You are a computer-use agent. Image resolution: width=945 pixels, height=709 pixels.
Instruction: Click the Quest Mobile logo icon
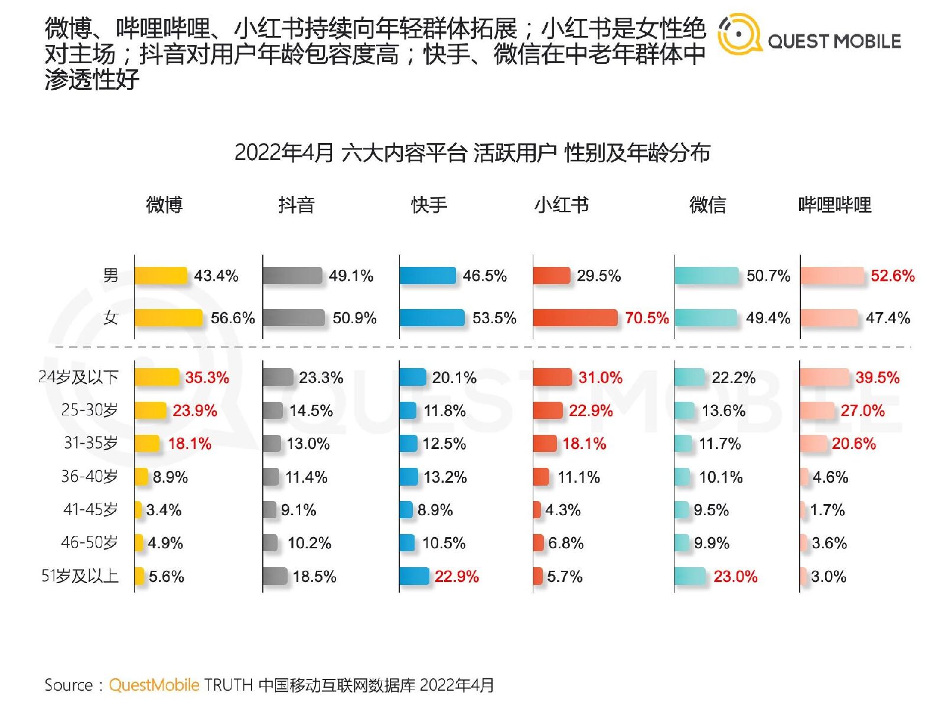739,34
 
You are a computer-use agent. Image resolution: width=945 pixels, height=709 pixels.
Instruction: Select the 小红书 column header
561,205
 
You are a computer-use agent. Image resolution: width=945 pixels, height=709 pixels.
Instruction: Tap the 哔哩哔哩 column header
835,205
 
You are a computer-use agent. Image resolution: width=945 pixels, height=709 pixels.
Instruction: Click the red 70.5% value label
647,318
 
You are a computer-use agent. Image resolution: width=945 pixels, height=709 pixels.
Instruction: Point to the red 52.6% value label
892,276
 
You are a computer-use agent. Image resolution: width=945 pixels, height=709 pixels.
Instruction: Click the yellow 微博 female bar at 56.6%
168,318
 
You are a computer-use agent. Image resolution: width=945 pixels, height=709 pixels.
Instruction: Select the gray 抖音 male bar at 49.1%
292,276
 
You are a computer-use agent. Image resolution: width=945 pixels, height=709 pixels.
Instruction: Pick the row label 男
110,275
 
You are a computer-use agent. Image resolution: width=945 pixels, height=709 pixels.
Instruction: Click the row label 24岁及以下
79,377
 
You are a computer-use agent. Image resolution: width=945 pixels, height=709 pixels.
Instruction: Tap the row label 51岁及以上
80,576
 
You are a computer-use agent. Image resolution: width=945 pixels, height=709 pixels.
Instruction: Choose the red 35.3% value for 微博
207,378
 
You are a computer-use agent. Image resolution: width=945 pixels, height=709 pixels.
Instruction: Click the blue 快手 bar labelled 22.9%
414,576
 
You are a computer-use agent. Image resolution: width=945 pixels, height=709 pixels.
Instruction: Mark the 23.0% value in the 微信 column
735,576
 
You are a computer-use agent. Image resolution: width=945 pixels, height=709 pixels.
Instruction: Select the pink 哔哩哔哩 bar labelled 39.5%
825,377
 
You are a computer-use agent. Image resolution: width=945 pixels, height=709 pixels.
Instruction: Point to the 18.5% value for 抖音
314,576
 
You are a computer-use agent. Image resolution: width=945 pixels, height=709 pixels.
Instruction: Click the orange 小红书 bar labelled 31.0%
552,377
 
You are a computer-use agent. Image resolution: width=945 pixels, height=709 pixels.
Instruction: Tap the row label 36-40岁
89,476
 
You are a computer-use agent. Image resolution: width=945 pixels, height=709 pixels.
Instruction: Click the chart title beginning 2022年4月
472,153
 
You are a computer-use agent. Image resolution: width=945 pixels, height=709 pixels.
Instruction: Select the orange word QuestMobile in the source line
154,685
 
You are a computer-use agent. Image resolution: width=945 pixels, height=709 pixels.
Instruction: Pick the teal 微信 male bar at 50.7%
706,276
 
